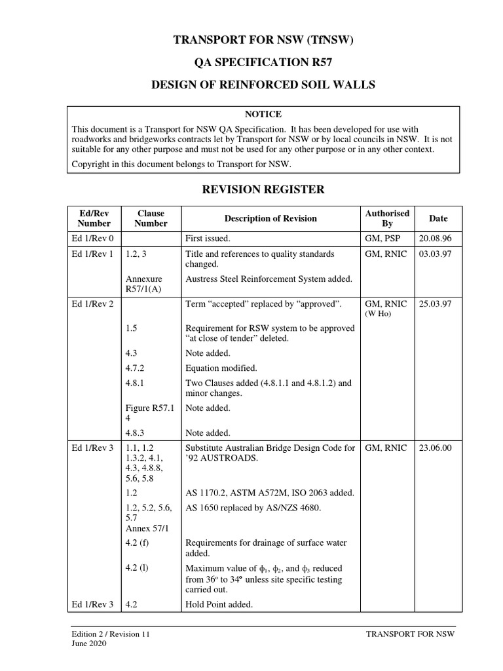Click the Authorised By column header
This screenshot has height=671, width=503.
pos(387,218)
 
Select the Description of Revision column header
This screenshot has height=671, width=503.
pos(270,218)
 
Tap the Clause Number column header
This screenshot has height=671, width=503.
pos(151,218)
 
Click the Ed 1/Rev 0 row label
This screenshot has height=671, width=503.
pos(92,239)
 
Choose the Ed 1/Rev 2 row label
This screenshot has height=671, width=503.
pos(92,304)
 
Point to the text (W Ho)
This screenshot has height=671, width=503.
pos(377,314)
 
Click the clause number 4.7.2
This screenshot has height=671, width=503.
pos(136,368)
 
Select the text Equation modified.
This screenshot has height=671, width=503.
pos(221,368)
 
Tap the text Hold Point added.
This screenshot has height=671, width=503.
pos(219,604)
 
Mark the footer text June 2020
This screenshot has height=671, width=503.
pos(88,643)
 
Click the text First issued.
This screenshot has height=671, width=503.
pos(208,239)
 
